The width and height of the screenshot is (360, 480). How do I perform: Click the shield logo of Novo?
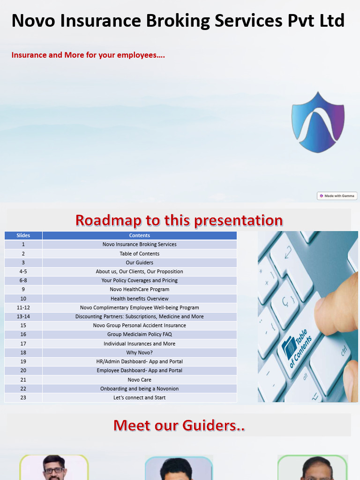[318, 122]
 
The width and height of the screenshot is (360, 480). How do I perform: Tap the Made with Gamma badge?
[337, 196]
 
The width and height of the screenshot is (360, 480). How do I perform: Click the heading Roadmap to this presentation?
[179, 220]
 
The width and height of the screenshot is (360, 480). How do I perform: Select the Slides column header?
[23, 235]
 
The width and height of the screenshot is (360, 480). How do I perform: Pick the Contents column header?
[140, 235]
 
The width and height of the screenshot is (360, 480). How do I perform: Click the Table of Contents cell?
[140, 254]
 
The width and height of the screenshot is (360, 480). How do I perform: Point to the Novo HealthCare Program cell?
[140, 289]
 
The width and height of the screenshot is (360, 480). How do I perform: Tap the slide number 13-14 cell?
[23, 316]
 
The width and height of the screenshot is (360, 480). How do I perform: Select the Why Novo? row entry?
[140, 352]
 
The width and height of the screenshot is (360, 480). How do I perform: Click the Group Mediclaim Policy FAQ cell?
[140, 334]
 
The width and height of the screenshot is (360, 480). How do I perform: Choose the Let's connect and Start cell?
[140, 397]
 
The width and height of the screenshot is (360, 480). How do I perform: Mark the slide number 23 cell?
[23, 397]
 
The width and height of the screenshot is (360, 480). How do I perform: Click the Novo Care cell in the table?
[140, 380]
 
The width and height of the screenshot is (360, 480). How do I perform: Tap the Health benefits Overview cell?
[140, 299]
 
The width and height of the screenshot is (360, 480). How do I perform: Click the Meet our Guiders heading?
[179, 425]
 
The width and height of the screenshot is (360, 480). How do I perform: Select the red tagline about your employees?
[88, 55]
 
